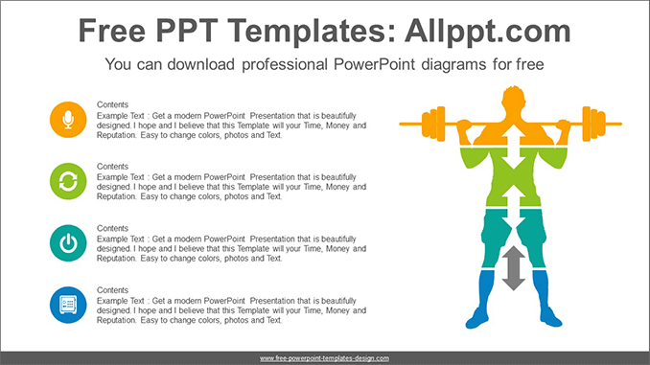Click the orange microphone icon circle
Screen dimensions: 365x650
click(67, 119)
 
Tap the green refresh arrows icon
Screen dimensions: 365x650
click(67, 180)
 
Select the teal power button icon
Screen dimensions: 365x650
click(67, 242)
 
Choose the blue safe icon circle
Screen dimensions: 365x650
click(67, 304)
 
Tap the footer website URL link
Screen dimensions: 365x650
click(324, 357)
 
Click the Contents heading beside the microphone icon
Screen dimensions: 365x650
click(113, 103)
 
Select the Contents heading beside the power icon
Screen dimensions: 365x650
click(113, 228)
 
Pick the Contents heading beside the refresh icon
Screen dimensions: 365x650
click(113, 166)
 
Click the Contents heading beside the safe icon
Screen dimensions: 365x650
click(113, 289)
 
